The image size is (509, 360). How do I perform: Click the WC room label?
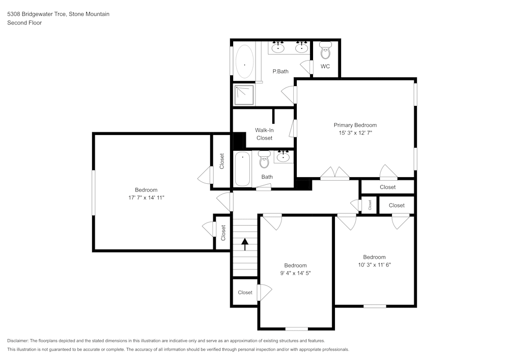click(x=325, y=67)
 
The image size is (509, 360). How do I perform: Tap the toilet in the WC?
click(x=325, y=50)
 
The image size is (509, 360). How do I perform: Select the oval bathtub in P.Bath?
click(x=244, y=62)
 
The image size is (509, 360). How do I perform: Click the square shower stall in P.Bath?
click(x=243, y=93)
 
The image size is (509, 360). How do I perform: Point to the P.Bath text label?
click(x=280, y=71)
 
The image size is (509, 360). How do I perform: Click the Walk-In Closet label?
click(x=264, y=134)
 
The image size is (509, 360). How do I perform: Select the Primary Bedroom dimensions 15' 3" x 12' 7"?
click(x=355, y=132)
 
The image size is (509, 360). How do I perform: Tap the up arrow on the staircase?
click(x=245, y=244)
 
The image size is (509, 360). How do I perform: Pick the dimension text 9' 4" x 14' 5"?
click(x=295, y=273)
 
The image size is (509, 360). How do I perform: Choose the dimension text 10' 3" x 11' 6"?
click(x=374, y=265)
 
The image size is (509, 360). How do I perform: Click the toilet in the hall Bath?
click(x=264, y=159)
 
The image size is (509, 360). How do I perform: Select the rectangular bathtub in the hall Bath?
click(x=242, y=169)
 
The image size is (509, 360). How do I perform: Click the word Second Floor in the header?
click(x=24, y=23)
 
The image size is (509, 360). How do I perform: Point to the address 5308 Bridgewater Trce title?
click(x=58, y=14)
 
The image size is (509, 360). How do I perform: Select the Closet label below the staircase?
click(x=245, y=293)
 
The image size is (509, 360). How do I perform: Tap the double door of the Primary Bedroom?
click(x=334, y=174)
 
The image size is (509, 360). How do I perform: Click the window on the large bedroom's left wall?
click(x=93, y=192)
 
